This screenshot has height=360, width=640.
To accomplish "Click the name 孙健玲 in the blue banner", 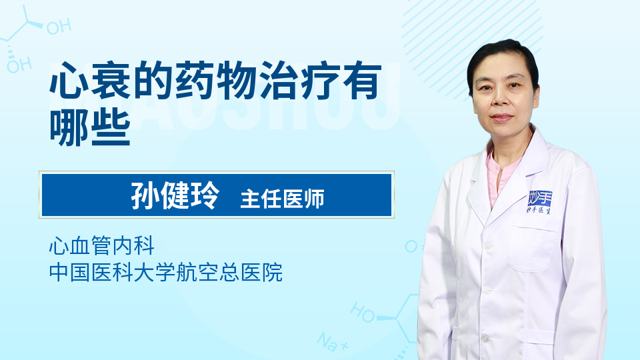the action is click(x=175, y=195).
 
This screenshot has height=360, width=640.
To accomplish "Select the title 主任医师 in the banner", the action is click(x=283, y=199).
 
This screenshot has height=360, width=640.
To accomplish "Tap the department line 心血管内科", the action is click(x=102, y=245).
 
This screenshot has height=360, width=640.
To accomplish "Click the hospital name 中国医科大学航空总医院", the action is click(x=166, y=272).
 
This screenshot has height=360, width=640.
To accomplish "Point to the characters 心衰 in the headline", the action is click(x=90, y=81).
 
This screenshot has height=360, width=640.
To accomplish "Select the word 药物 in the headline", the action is click(x=216, y=81).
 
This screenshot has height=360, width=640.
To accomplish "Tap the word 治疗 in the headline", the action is click(x=300, y=81).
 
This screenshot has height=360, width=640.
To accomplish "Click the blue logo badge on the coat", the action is click(x=540, y=201).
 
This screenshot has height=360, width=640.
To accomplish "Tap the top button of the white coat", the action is click(x=487, y=245).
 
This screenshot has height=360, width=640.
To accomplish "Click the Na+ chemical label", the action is click(x=333, y=342).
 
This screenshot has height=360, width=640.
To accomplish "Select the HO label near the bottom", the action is click(x=363, y=312).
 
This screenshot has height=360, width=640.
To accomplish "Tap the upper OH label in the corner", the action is click(x=59, y=27).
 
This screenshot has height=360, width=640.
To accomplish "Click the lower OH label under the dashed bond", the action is click(x=19, y=65).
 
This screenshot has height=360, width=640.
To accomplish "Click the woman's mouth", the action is click(x=501, y=118).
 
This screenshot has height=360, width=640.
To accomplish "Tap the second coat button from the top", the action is click(x=487, y=291).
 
